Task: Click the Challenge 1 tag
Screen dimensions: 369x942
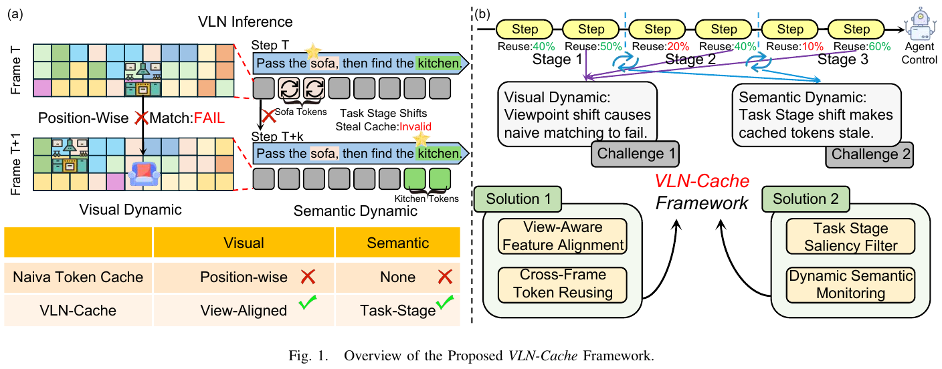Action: pyautogui.click(x=636, y=154)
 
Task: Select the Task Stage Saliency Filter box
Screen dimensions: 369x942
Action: pyautogui.click(x=850, y=236)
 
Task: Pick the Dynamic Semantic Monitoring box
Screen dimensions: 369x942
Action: pyautogui.click(x=850, y=284)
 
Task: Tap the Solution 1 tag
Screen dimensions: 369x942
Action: pyautogui.click(x=518, y=199)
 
